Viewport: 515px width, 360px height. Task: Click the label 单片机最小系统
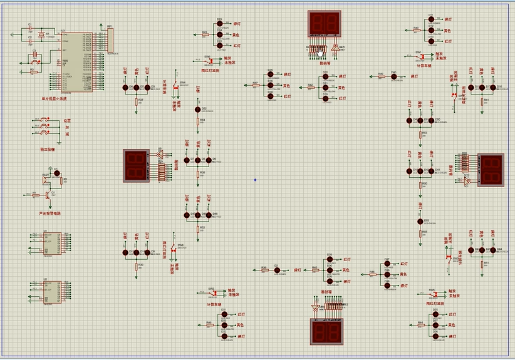click(53, 98)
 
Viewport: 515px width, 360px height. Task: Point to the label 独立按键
click(47, 150)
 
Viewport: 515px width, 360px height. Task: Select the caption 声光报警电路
click(49, 213)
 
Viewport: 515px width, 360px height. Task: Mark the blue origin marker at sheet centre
click(255, 180)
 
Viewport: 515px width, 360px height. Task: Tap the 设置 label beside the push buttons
click(67, 120)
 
